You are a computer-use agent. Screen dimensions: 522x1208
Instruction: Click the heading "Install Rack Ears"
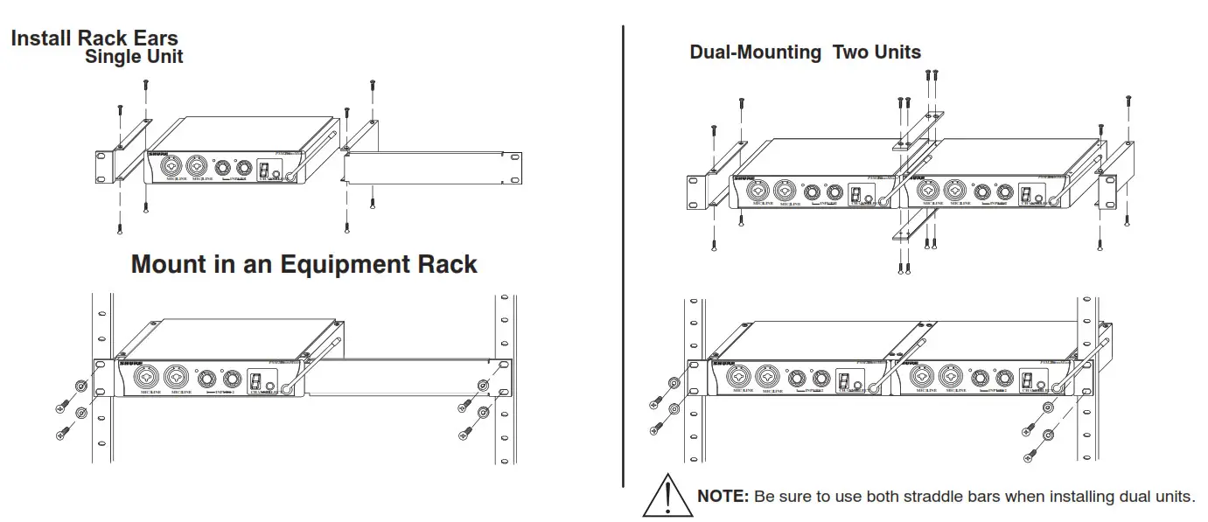(x=94, y=38)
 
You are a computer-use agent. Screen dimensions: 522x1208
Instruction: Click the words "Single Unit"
(x=134, y=58)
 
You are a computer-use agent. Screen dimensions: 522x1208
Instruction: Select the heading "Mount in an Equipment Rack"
(x=304, y=264)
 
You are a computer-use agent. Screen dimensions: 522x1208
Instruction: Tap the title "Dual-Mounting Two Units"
(x=805, y=52)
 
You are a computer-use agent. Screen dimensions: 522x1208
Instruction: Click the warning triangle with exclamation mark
(x=667, y=496)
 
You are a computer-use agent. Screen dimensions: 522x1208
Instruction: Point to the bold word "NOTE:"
(x=723, y=497)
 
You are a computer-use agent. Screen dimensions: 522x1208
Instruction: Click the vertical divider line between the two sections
(x=623, y=254)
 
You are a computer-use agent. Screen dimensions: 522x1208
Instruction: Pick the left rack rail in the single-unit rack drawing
(x=101, y=376)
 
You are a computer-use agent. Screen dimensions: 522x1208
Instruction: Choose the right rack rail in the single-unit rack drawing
(x=504, y=376)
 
